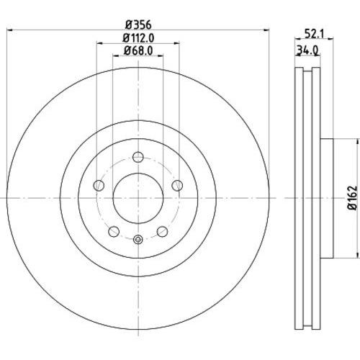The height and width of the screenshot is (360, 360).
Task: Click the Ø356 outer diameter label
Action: [139, 24]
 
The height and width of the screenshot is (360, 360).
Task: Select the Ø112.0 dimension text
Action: [139, 38]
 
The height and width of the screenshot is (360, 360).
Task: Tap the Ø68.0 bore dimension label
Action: [139, 50]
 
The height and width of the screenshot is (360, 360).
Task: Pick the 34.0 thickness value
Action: [308, 50]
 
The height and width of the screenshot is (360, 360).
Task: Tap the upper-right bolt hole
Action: [176, 186]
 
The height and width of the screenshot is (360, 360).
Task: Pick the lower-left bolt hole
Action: [113, 231]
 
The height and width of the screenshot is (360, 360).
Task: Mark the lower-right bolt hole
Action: [163, 231]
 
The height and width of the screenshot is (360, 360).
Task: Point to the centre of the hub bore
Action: [138, 197]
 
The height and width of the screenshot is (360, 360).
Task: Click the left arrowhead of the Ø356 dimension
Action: [9, 30]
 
